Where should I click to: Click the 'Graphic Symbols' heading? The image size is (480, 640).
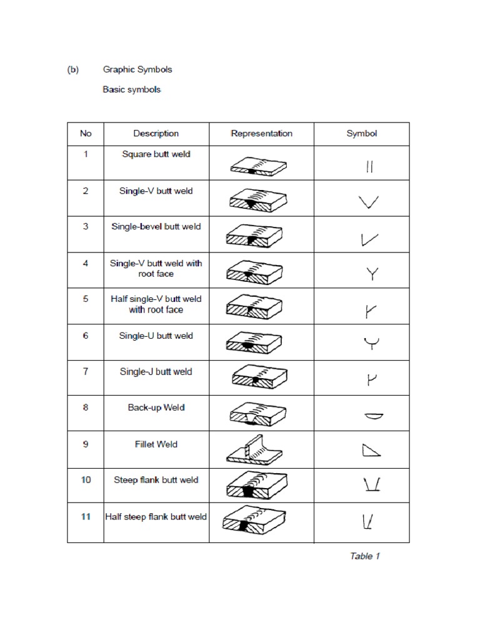coord(137,70)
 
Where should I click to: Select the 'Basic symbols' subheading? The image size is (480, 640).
coord(132,90)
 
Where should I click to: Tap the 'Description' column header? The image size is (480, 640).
coord(156,134)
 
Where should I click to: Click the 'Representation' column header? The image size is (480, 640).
coord(261,134)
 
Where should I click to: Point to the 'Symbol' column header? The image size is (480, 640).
coord(361,134)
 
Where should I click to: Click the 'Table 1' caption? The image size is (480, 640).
coord(364,556)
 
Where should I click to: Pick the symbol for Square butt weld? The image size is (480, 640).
coord(369,167)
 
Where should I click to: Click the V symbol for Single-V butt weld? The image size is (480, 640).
coord(369,202)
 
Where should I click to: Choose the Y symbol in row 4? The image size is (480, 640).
coord(372,274)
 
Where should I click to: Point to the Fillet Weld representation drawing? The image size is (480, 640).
coord(257,449)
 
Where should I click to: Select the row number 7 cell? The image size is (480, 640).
coord(86,372)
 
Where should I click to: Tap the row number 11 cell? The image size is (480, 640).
coord(86,517)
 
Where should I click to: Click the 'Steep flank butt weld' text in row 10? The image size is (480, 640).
coord(156,481)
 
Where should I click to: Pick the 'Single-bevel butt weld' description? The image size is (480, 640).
coord(156,227)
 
